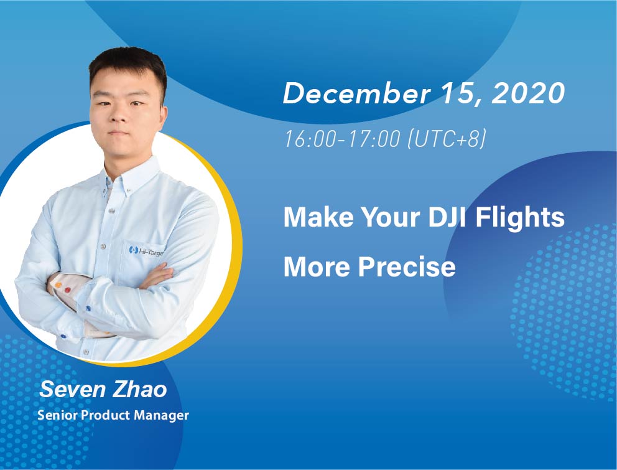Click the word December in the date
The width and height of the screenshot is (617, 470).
[x=356, y=93]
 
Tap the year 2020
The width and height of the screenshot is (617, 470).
[x=529, y=93]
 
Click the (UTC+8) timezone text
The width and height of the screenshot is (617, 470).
[x=447, y=139]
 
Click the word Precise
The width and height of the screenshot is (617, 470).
[x=407, y=266]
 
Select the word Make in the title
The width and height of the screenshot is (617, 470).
[x=318, y=217]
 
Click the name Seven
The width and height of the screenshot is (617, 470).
[x=73, y=389]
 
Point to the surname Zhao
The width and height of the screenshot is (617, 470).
[x=140, y=389]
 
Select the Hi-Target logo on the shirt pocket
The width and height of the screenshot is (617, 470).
[x=146, y=251]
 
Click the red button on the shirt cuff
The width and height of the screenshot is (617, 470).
[x=68, y=290]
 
